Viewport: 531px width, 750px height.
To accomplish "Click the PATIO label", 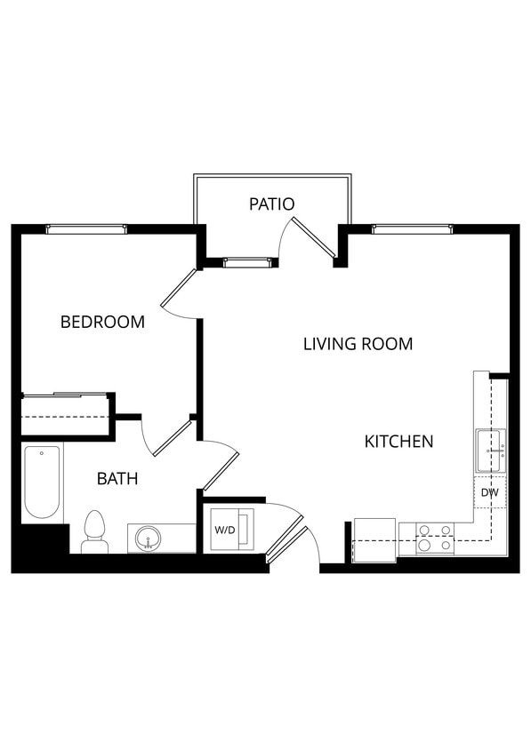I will tap(271, 203).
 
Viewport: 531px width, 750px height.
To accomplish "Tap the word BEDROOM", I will tap(102, 322).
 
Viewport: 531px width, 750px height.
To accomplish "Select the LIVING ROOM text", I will tap(358, 343).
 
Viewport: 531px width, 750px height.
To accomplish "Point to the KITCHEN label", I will tap(398, 441).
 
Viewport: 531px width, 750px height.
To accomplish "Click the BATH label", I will tap(117, 479).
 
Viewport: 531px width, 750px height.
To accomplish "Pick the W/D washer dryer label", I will tap(224, 530).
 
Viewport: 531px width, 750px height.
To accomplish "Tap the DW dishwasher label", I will tap(488, 492).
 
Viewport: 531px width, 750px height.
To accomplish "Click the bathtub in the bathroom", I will tap(42, 481).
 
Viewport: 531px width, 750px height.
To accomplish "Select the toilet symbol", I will tap(94, 532).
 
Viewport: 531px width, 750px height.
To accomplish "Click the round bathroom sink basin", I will tap(148, 538).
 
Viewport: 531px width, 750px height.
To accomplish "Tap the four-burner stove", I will tap(436, 538).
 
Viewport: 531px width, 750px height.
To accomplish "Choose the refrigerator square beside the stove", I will tap(374, 539).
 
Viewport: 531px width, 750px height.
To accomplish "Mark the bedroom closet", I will tap(66, 414).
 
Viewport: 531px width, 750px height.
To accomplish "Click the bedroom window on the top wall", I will tap(86, 229).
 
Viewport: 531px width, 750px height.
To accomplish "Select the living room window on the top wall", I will tap(412, 229).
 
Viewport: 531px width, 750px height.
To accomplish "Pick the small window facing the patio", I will tap(245, 262).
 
